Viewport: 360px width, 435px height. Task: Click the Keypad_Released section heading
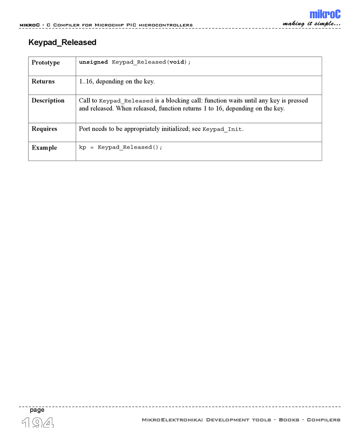[x=62, y=42]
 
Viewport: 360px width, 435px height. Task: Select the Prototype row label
[x=45, y=62]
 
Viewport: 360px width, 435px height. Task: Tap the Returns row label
[x=43, y=81]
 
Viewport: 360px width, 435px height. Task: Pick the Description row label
[x=48, y=100]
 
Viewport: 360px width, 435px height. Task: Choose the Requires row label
[x=44, y=129]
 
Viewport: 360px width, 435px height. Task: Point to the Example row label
[x=44, y=148]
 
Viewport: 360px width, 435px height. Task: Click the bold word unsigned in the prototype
[x=93, y=62]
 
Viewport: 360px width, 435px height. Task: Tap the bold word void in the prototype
[x=176, y=62]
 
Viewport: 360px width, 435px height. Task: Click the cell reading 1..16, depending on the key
[x=116, y=81]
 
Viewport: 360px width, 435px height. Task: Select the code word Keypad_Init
[x=222, y=129]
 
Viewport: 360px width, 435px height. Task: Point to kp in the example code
[x=82, y=147]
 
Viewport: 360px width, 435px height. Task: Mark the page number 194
[x=38, y=422]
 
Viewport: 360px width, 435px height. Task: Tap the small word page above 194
[x=37, y=410]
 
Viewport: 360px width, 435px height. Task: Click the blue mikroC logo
[x=325, y=14]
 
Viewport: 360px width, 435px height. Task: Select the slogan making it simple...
[x=311, y=24]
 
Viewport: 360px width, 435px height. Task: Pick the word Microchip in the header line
[x=109, y=25]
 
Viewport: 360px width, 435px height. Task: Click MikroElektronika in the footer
[x=172, y=419]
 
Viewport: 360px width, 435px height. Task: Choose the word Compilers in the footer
[x=323, y=419]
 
